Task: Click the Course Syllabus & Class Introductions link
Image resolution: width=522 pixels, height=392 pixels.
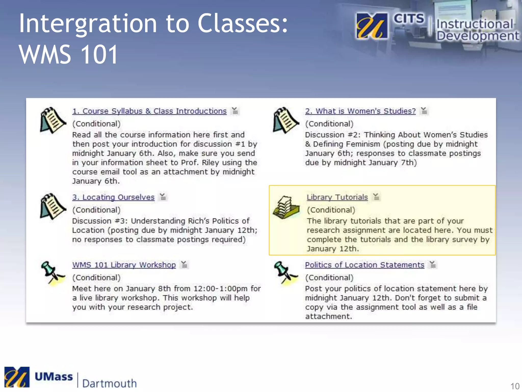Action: [x=149, y=111]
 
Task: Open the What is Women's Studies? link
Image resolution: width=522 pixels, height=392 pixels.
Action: [x=360, y=111]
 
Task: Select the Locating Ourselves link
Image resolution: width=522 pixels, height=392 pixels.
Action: [x=113, y=197]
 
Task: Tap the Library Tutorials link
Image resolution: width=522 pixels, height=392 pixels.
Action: [x=337, y=197]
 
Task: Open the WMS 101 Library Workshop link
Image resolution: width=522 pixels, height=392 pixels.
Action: [x=124, y=265]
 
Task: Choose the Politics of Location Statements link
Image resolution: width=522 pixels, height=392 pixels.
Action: [x=364, y=265]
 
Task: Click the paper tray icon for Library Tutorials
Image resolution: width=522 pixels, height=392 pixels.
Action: [x=286, y=207]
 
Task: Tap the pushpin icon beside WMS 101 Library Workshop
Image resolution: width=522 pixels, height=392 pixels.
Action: [x=52, y=273]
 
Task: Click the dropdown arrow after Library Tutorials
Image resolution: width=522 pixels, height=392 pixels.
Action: [x=376, y=197]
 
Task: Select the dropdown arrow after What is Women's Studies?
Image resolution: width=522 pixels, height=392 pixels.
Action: [x=424, y=111]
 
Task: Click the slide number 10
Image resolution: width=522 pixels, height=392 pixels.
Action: [x=515, y=386]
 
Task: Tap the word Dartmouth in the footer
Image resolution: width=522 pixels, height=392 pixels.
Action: [x=109, y=383]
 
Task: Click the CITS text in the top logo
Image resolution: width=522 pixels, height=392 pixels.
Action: [x=409, y=19]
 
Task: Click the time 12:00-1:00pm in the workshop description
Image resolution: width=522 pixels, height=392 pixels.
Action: [x=220, y=289]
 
